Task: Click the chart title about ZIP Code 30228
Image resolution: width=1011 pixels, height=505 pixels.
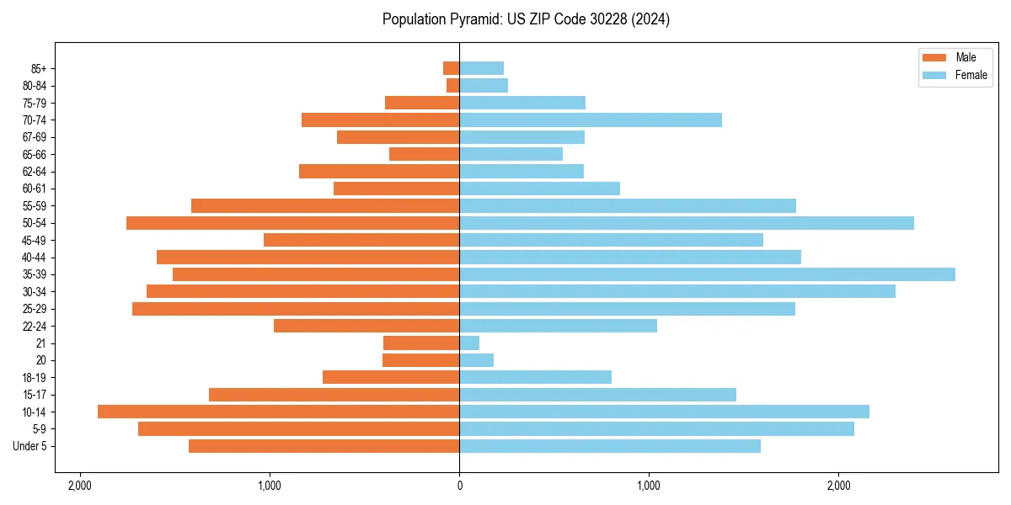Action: pyautogui.click(x=526, y=19)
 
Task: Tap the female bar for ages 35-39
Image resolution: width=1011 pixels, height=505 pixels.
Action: pyautogui.click(x=707, y=274)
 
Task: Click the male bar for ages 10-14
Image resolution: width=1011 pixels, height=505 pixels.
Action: pyautogui.click(x=278, y=412)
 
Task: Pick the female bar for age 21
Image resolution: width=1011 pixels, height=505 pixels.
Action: pyautogui.click(x=469, y=343)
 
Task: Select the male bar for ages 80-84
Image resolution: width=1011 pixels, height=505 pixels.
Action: pyautogui.click(x=453, y=85)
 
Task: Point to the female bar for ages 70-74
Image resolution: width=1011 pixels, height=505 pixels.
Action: pyautogui.click(x=591, y=120)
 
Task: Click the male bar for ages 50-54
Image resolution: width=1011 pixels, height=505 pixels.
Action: pyautogui.click(x=292, y=223)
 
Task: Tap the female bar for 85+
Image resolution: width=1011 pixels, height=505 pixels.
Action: pyautogui.click(x=481, y=68)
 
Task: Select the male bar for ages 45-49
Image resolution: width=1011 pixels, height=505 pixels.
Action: pyautogui.click(x=361, y=240)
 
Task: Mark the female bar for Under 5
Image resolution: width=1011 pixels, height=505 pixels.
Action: pyautogui.click(x=610, y=446)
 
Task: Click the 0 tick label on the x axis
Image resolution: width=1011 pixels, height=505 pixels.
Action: pyautogui.click(x=459, y=486)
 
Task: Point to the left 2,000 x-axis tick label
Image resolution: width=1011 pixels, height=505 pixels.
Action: pyautogui.click(x=80, y=486)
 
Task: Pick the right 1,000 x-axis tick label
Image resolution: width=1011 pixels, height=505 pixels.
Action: pyautogui.click(x=649, y=486)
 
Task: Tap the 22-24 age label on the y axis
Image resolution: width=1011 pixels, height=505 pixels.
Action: pyautogui.click(x=35, y=326)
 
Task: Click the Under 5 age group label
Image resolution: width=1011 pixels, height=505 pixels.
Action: pyautogui.click(x=30, y=446)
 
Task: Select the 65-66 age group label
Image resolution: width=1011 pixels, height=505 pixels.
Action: pyautogui.click(x=35, y=154)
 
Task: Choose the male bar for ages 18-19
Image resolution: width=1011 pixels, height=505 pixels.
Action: pyautogui.click(x=391, y=377)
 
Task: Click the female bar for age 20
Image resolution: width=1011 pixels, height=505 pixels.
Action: pyautogui.click(x=476, y=360)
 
